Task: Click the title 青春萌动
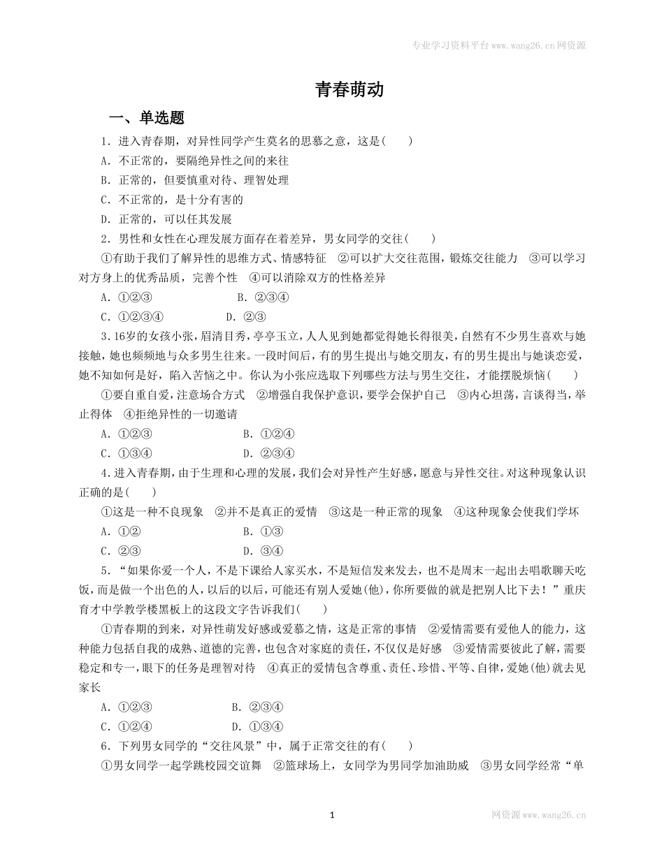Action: click(349, 90)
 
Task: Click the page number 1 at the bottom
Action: click(332, 814)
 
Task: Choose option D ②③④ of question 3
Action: click(268, 453)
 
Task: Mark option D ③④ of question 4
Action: click(263, 551)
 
